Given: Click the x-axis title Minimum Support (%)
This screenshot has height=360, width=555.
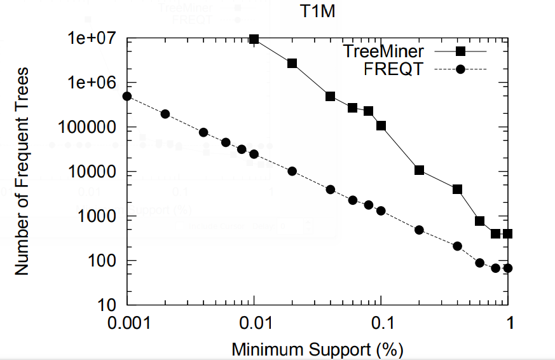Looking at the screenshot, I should coord(317,349).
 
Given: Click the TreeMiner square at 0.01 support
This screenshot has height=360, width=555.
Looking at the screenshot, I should coord(254,39).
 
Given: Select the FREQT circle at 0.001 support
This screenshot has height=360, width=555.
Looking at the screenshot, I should coord(127,96).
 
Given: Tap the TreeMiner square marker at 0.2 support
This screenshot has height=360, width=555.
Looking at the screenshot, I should coord(419,170).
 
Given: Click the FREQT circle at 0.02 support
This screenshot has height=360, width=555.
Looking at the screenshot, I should coord(292,171).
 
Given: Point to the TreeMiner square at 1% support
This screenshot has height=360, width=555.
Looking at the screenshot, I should coord(507,234).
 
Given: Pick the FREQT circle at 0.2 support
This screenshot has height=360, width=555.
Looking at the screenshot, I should coord(419,230).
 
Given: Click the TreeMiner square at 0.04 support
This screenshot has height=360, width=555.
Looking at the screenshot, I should coord(331,96).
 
